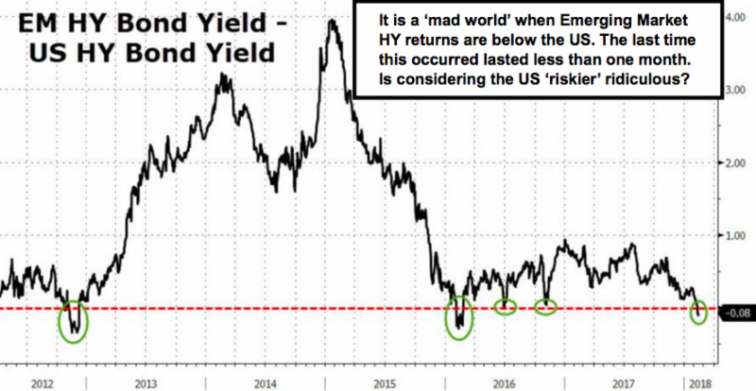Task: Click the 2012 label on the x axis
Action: [x=42, y=383]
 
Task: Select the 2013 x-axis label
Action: [x=146, y=383]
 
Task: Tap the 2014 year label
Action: [x=266, y=383]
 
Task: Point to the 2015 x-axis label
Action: [x=387, y=383]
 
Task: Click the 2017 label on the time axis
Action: [x=624, y=383]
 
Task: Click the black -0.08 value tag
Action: [x=737, y=314]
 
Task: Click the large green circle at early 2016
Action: [x=445, y=318]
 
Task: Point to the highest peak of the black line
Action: [x=332, y=20]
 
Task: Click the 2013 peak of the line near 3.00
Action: [x=222, y=75]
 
